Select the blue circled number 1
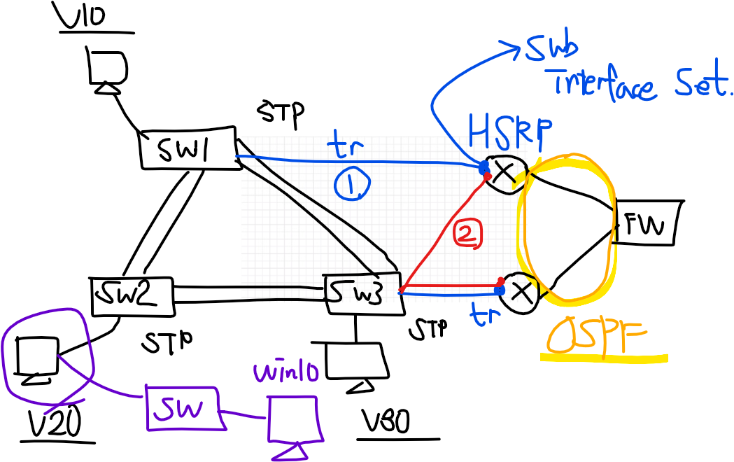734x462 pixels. point(352,185)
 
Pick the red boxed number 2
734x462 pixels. point(467,234)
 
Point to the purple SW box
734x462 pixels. point(183,407)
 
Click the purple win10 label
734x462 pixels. point(286,372)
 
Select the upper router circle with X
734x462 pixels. point(504,171)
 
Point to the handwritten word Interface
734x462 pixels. point(605,85)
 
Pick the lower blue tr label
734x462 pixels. point(486,316)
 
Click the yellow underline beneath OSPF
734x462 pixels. point(603,358)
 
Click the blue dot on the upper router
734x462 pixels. point(483,167)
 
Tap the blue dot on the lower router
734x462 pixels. point(500,290)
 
